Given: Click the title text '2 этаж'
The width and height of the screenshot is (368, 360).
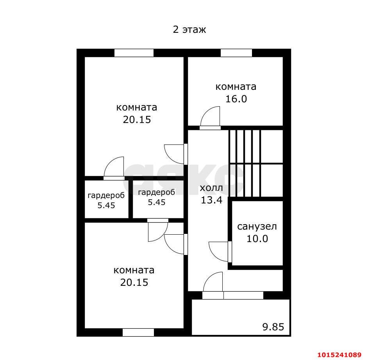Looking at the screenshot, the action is click(189, 30).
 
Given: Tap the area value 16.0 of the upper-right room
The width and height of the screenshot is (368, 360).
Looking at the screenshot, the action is click(236, 99).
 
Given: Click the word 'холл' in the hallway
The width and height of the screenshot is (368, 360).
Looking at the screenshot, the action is click(211, 188).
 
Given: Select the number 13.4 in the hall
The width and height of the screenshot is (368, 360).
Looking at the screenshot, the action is click(211, 200).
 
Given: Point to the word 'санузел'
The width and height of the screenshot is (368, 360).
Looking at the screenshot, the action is click(257, 226).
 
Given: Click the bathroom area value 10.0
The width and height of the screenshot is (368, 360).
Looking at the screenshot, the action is click(257, 239).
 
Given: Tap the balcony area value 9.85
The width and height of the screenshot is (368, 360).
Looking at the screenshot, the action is click(273, 327).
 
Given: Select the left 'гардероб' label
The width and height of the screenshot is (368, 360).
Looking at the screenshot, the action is click(106, 195).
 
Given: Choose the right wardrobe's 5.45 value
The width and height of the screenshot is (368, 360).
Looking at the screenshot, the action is click(157, 202).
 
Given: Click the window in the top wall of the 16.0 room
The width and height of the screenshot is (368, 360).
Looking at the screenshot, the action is click(236, 53).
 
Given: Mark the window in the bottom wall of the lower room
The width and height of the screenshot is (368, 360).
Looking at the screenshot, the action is click(138, 332).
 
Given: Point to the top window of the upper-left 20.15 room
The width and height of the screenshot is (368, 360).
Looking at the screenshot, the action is click(134, 53).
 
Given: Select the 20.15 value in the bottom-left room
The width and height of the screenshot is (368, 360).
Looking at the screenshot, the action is click(134, 282).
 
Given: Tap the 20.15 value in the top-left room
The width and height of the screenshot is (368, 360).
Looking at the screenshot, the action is click(137, 119).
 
